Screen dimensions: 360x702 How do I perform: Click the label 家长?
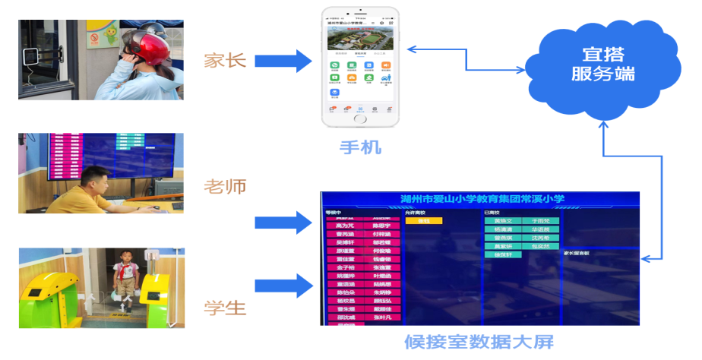click(x=225, y=61)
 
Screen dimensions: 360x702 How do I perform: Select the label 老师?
click(x=225, y=186)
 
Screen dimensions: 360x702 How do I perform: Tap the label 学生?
click(x=225, y=308)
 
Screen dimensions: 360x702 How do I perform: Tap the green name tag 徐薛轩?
click(x=503, y=255)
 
